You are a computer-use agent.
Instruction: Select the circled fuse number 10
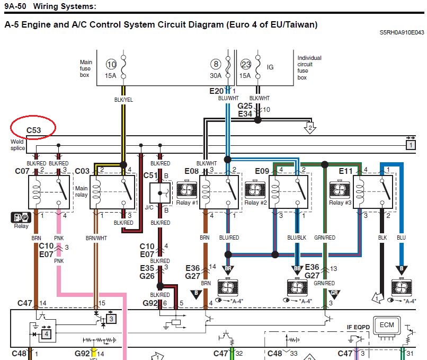(x=111, y=65)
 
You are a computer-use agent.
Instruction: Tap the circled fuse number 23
(x=245, y=65)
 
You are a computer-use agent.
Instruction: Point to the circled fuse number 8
(x=216, y=65)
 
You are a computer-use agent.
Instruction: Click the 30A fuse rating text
(x=216, y=75)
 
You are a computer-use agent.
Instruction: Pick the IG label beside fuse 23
(x=270, y=67)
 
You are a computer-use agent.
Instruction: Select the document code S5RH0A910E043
(x=402, y=32)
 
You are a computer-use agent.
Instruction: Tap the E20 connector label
(x=217, y=91)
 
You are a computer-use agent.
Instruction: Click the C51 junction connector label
(x=151, y=175)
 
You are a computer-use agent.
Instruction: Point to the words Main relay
(x=81, y=191)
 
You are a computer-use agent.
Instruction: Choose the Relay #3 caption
(x=339, y=203)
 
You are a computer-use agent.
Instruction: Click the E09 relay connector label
(x=263, y=171)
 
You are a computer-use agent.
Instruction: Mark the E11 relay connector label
(x=346, y=171)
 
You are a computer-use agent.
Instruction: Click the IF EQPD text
(x=359, y=327)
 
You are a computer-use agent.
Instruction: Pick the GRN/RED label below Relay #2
(x=324, y=238)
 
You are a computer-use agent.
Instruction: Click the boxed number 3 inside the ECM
(x=111, y=319)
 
